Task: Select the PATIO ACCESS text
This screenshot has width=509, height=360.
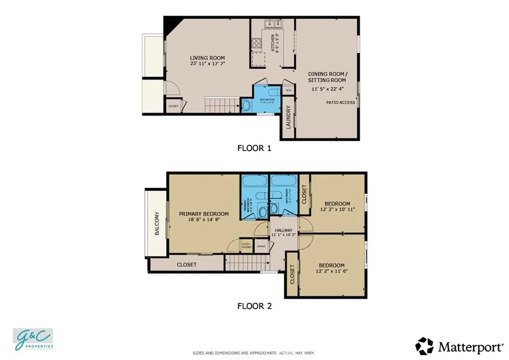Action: [340, 103]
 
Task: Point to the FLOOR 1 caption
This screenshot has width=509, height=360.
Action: [254, 148]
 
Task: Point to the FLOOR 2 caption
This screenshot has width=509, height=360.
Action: [254, 306]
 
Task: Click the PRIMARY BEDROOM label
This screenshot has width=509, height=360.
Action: [203, 214]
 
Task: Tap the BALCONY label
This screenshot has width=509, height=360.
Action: [157, 224]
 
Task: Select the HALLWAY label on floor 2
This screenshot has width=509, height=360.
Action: [283, 230]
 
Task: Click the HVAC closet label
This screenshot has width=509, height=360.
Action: [261, 246]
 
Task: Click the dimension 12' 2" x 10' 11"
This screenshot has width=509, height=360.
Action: [337, 210]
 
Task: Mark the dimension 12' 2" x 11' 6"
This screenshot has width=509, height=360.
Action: [332, 271]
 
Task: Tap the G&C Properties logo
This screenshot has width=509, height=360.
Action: [33, 339]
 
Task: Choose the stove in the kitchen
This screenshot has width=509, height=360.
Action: [257, 44]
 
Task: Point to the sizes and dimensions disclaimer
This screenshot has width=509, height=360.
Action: [254, 353]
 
